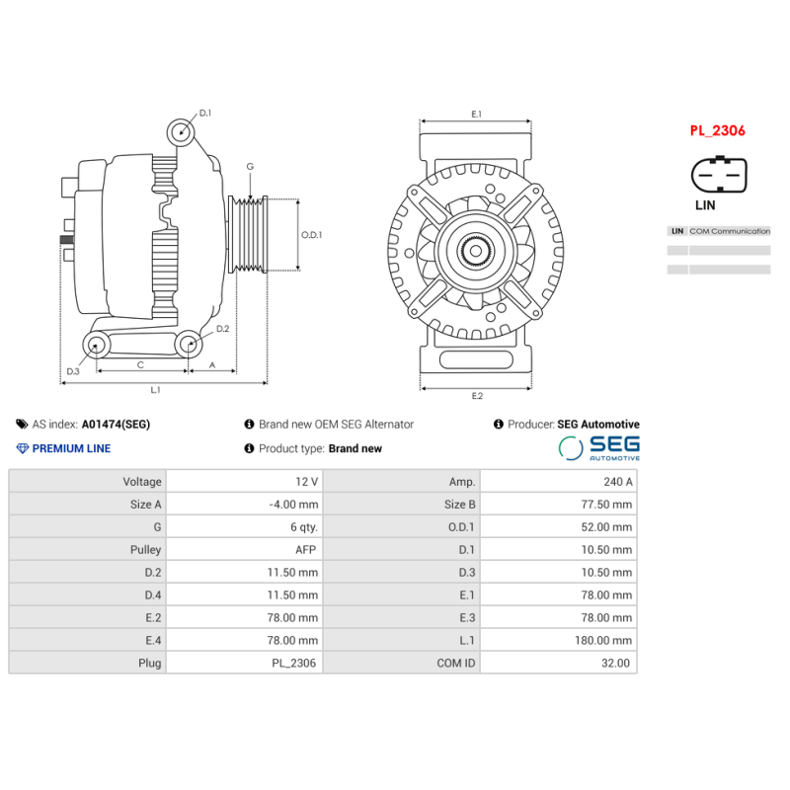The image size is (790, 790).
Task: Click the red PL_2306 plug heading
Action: click(x=717, y=130)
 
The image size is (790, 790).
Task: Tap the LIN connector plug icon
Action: click(x=718, y=177)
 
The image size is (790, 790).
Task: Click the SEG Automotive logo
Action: click(x=599, y=447)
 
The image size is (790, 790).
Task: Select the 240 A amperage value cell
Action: click(x=558, y=482)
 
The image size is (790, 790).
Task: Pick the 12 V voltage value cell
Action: click(x=244, y=482)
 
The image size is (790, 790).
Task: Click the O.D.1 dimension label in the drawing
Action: click(x=312, y=235)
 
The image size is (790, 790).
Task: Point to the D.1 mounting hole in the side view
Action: click(x=180, y=131)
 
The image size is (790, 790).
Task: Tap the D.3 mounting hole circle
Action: click(x=97, y=345)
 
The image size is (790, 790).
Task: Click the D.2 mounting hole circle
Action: click(x=189, y=345)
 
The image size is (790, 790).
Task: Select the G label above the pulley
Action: click(x=250, y=167)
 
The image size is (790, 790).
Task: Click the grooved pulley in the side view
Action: click(x=250, y=234)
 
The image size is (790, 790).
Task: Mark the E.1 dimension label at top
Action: click(x=476, y=115)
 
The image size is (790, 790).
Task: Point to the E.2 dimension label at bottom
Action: click(x=477, y=396)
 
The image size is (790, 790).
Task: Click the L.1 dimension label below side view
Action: click(x=156, y=390)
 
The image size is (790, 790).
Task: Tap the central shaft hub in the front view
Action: click(x=477, y=251)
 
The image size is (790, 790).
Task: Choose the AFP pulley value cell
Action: click(x=244, y=550)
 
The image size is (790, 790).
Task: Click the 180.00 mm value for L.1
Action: click(x=558, y=641)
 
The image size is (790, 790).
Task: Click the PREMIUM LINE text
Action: click(x=71, y=448)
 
